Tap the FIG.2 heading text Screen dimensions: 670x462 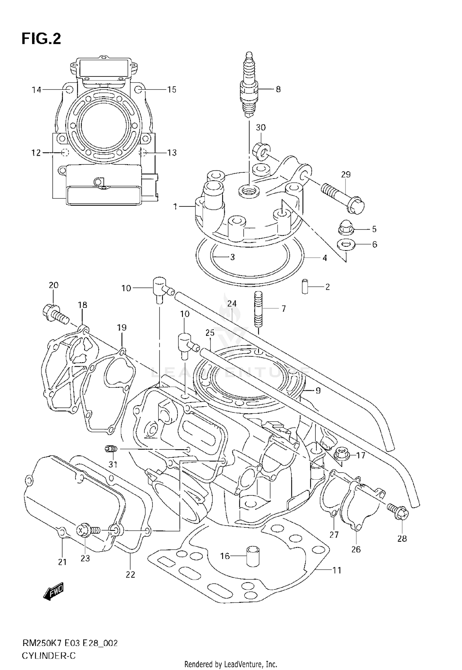pyautogui.click(x=41, y=39)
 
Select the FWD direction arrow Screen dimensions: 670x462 pyautogui.click(x=54, y=591)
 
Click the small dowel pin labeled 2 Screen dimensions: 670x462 pyautogui.click(x=305, y=286)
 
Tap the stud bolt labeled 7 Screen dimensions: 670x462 pyautogui.click(x=258, y=309)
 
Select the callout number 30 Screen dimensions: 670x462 pyautogui.click(x=261, y=127)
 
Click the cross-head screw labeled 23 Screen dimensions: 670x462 pyautogui.click(x=87, y=531)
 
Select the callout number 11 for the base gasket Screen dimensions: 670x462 pyautogui.click(x=337, y=570)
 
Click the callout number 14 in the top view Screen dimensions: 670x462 pyautogui.click(x=37, y=89)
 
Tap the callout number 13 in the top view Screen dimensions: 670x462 pyautogui.click(x=172, y=152)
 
